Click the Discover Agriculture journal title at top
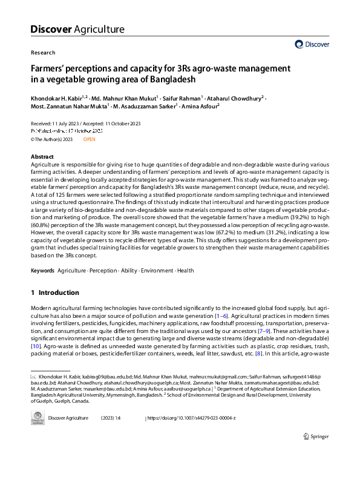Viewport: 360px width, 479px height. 77,29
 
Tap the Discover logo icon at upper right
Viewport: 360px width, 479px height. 299,44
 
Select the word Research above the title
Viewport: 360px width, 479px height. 42,53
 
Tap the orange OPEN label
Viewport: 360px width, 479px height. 89,139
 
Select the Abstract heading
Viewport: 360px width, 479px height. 42,157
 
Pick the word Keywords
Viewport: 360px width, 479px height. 42,270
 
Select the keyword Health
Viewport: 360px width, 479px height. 186,270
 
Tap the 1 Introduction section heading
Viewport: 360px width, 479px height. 55,293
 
